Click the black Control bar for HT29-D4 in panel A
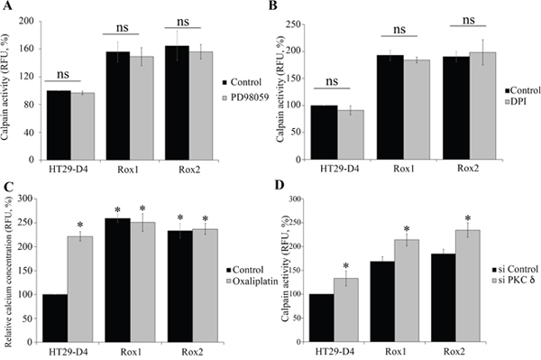(59, 125)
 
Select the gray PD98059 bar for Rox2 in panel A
(201, 106)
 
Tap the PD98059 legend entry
(245, 97)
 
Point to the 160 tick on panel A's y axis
(29, 49)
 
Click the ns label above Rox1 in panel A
(122, 27)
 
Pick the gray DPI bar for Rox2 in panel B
(482, 106)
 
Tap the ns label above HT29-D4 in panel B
(332, 81)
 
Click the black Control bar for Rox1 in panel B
(390, 107)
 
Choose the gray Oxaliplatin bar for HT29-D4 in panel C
(80, 290)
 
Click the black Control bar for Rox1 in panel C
(117, 281)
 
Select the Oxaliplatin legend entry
(252, 282)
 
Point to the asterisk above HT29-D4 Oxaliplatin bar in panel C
(80, 225)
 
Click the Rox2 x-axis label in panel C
(192, 352)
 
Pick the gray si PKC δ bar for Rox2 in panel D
(467, 286)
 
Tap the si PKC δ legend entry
(514, 281)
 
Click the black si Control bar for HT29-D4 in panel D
(321, 318)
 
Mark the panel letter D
(280, 185)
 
